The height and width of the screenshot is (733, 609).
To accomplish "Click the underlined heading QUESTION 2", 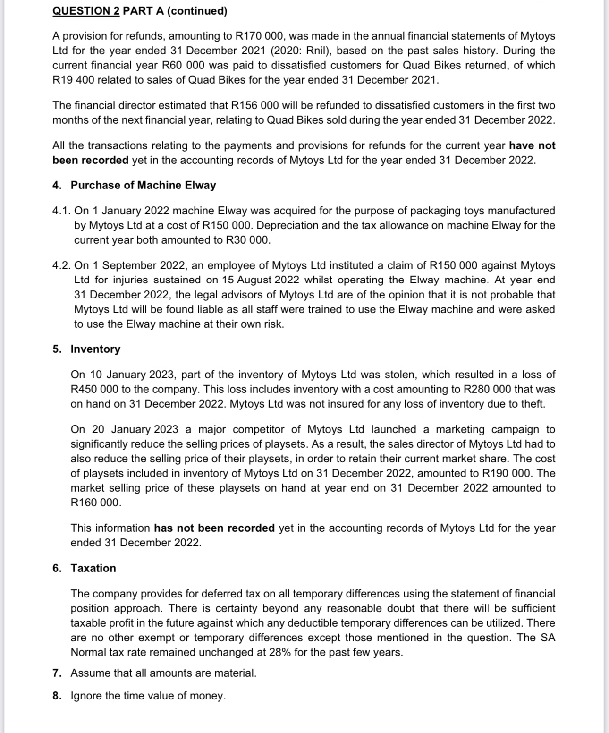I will click(86, 11).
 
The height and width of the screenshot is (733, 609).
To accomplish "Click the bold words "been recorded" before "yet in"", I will click(90, 160).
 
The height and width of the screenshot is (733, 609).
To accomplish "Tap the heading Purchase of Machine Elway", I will click(143, 185).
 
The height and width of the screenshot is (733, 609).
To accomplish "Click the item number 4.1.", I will click(61, 211).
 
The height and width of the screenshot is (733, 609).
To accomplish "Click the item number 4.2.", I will click(61, 265).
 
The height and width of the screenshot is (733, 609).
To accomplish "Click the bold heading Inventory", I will click(95, 349).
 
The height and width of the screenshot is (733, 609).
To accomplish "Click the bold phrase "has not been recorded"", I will click(214, 528).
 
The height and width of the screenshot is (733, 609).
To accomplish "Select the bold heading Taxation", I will click(93, 568).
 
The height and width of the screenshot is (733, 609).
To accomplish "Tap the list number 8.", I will click(57, 696).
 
